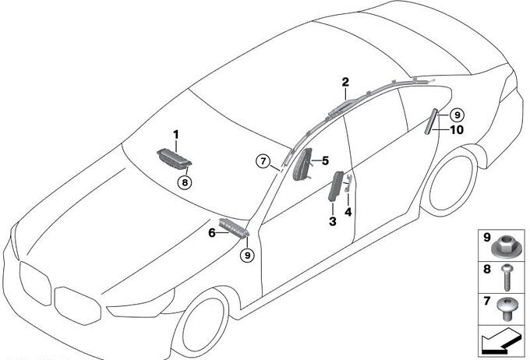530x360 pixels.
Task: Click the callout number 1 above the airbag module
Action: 176,135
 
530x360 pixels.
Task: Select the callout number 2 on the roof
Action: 345,82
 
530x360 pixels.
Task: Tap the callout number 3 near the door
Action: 333,221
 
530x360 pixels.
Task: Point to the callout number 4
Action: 348,212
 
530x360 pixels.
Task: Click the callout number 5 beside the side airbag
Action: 325,161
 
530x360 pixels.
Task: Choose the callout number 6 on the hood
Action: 211,232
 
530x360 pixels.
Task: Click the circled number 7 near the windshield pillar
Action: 263,161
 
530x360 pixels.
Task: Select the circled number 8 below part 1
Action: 185,183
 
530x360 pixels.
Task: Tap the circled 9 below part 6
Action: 247,256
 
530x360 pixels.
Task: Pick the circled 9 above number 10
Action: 457,115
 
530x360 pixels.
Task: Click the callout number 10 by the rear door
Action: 456,130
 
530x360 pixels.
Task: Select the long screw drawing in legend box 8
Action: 507,277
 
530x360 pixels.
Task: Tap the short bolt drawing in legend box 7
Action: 507,308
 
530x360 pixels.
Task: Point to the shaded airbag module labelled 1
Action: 175,158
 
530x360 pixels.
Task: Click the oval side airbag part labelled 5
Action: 302,164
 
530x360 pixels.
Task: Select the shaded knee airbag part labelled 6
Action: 234,228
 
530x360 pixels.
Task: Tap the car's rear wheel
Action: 451,183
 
